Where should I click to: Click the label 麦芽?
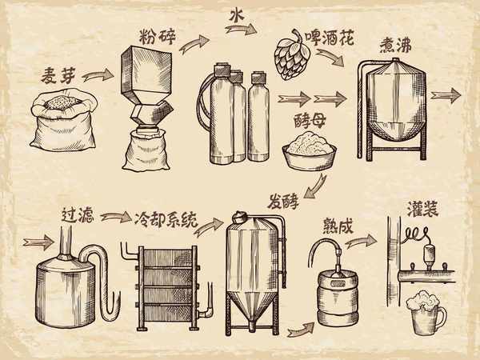[58, 75]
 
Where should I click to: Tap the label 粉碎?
[158, 37]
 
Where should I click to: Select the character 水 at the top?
[237, 14]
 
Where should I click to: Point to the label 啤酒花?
[330, 38]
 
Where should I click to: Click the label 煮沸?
[395, 46]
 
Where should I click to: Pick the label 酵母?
[310, 122]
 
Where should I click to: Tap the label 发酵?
[283, 201]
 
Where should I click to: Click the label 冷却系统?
[166, 220]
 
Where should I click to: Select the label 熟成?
[338, 226]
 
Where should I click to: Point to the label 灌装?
[422, 210]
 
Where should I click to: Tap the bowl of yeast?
[309, 151]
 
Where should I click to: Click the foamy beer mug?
[425, 314]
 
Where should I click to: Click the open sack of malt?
[63, 120]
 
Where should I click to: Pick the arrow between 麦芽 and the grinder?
[98, 75]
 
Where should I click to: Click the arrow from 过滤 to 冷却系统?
[116, 217]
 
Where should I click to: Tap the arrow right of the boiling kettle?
[446, 95]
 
